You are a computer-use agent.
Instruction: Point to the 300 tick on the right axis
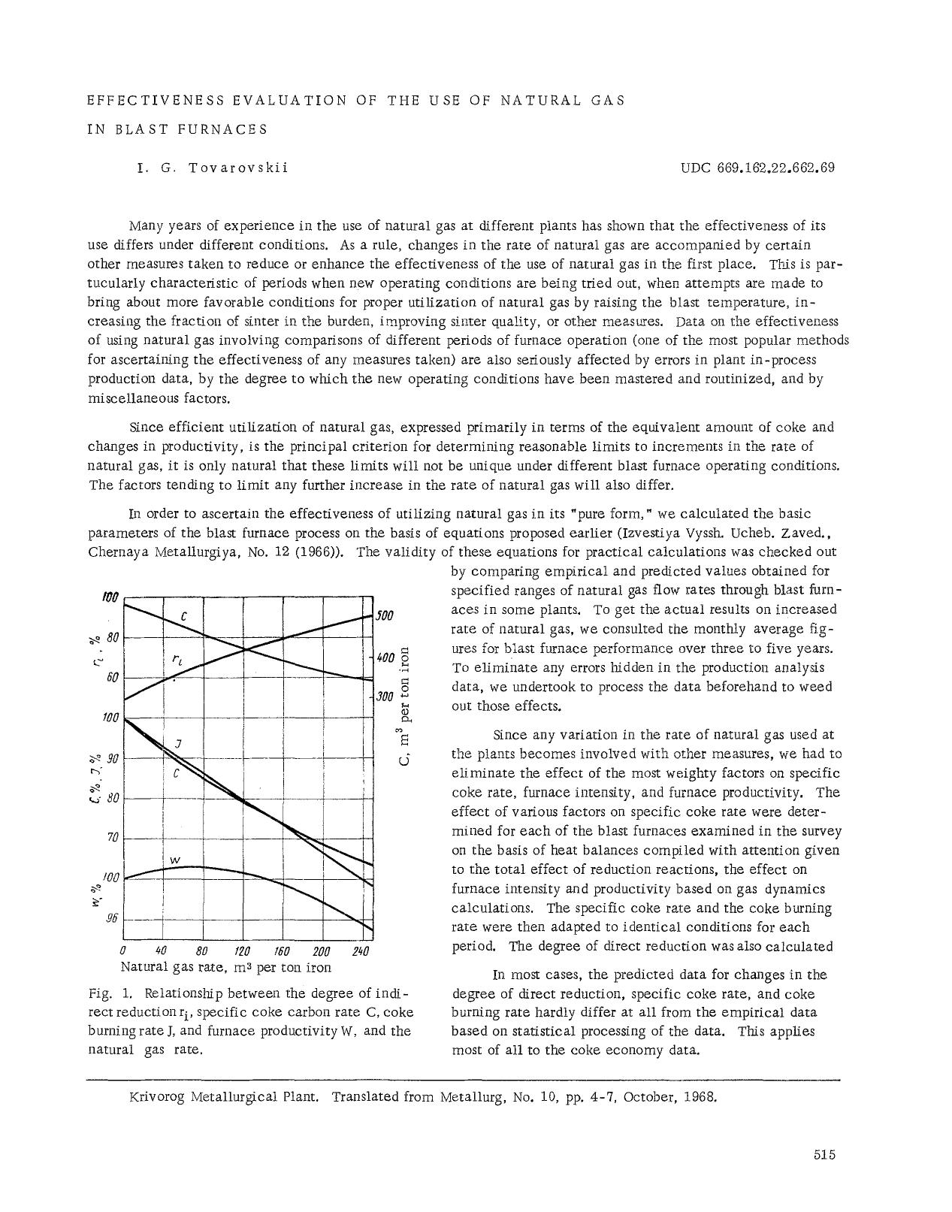(385, 697)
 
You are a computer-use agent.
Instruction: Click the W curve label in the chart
(174, 859)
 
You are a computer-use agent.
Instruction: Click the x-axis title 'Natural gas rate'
(174, 967)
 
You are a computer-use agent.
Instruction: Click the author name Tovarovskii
(238, 168)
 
